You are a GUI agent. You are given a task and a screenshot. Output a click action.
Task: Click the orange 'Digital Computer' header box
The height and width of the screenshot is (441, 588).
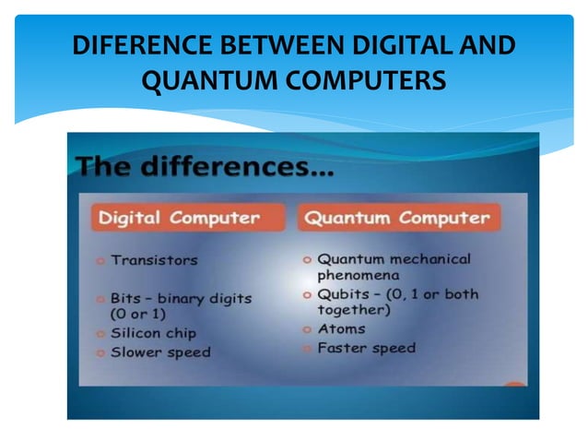pos(179,219)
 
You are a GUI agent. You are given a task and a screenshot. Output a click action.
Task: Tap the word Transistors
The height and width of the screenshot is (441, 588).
pos(154,261)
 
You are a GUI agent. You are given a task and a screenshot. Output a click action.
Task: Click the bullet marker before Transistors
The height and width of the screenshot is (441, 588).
pos(100,261)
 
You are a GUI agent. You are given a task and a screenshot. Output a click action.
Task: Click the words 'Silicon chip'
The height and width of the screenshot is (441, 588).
pos(154,333)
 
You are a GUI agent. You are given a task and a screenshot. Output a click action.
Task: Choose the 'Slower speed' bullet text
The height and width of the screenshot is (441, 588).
pos(160,352)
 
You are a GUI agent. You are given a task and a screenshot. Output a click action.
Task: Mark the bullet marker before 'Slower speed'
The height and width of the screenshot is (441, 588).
pos(100,352)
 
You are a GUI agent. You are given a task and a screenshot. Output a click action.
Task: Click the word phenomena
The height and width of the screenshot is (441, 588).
pos(359,276)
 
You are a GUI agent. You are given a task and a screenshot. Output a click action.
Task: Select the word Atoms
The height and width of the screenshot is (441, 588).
pos(341,329)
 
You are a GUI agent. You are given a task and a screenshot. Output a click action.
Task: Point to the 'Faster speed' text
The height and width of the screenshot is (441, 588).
pos(366,348)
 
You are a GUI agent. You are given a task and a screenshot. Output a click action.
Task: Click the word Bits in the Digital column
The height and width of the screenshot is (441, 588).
pos(126,298)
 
